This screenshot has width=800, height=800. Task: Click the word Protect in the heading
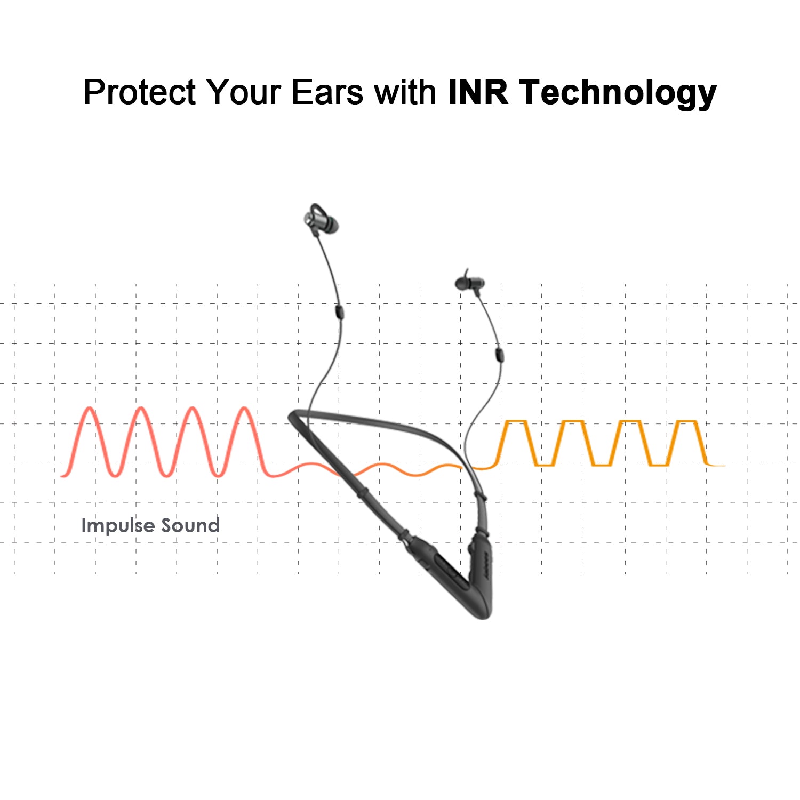point(140,92)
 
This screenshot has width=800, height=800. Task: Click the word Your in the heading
point(243,92)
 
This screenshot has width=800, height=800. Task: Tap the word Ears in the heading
point(327,92)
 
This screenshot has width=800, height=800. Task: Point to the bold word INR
point(478,92)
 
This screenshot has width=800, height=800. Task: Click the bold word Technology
point(618,93)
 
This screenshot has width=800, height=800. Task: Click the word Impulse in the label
point(117,526)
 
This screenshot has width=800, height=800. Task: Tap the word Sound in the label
point(190,525)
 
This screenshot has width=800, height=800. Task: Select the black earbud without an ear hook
point(470,283)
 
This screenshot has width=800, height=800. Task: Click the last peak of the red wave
point(245,409)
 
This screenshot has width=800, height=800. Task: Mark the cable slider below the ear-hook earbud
point(339,311)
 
